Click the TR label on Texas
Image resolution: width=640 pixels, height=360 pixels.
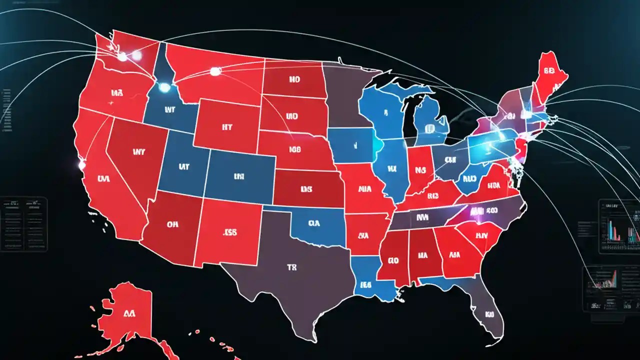point(292,267)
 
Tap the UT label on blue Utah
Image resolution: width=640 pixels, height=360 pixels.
point(183,167)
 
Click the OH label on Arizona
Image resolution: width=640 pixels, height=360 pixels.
point(172,224)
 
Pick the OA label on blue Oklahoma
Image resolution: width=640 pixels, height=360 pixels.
point(314,223)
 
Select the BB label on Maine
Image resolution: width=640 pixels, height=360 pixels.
point(549,71)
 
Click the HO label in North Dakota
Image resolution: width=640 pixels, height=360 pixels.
point(293,79)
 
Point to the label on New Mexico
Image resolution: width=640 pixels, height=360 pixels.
point(230,232)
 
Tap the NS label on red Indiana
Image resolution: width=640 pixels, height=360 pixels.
point(416,170)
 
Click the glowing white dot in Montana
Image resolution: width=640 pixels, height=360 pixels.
point(215,71)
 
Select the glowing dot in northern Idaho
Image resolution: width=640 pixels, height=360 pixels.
point(164,87)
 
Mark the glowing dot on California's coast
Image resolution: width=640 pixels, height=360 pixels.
point(80,164)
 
